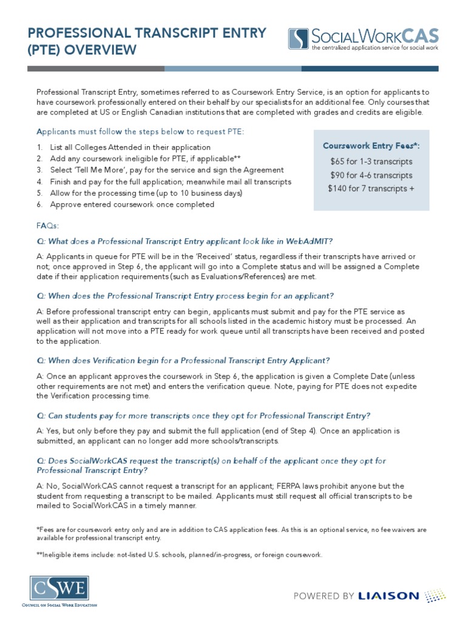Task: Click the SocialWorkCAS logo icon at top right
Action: coord(298,38)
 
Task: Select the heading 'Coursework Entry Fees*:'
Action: coord(371,146)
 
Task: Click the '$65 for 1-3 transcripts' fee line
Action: coord(371,161)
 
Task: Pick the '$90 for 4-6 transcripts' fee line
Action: coord(371,175)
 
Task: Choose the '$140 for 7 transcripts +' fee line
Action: coord(371,188)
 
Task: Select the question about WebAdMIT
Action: coord(184,241)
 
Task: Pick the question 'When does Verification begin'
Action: coord(183,360)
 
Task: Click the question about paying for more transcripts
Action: coord(203,415)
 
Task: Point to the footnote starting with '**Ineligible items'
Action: coord(180,555)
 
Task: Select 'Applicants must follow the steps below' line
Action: coord(140,132)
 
